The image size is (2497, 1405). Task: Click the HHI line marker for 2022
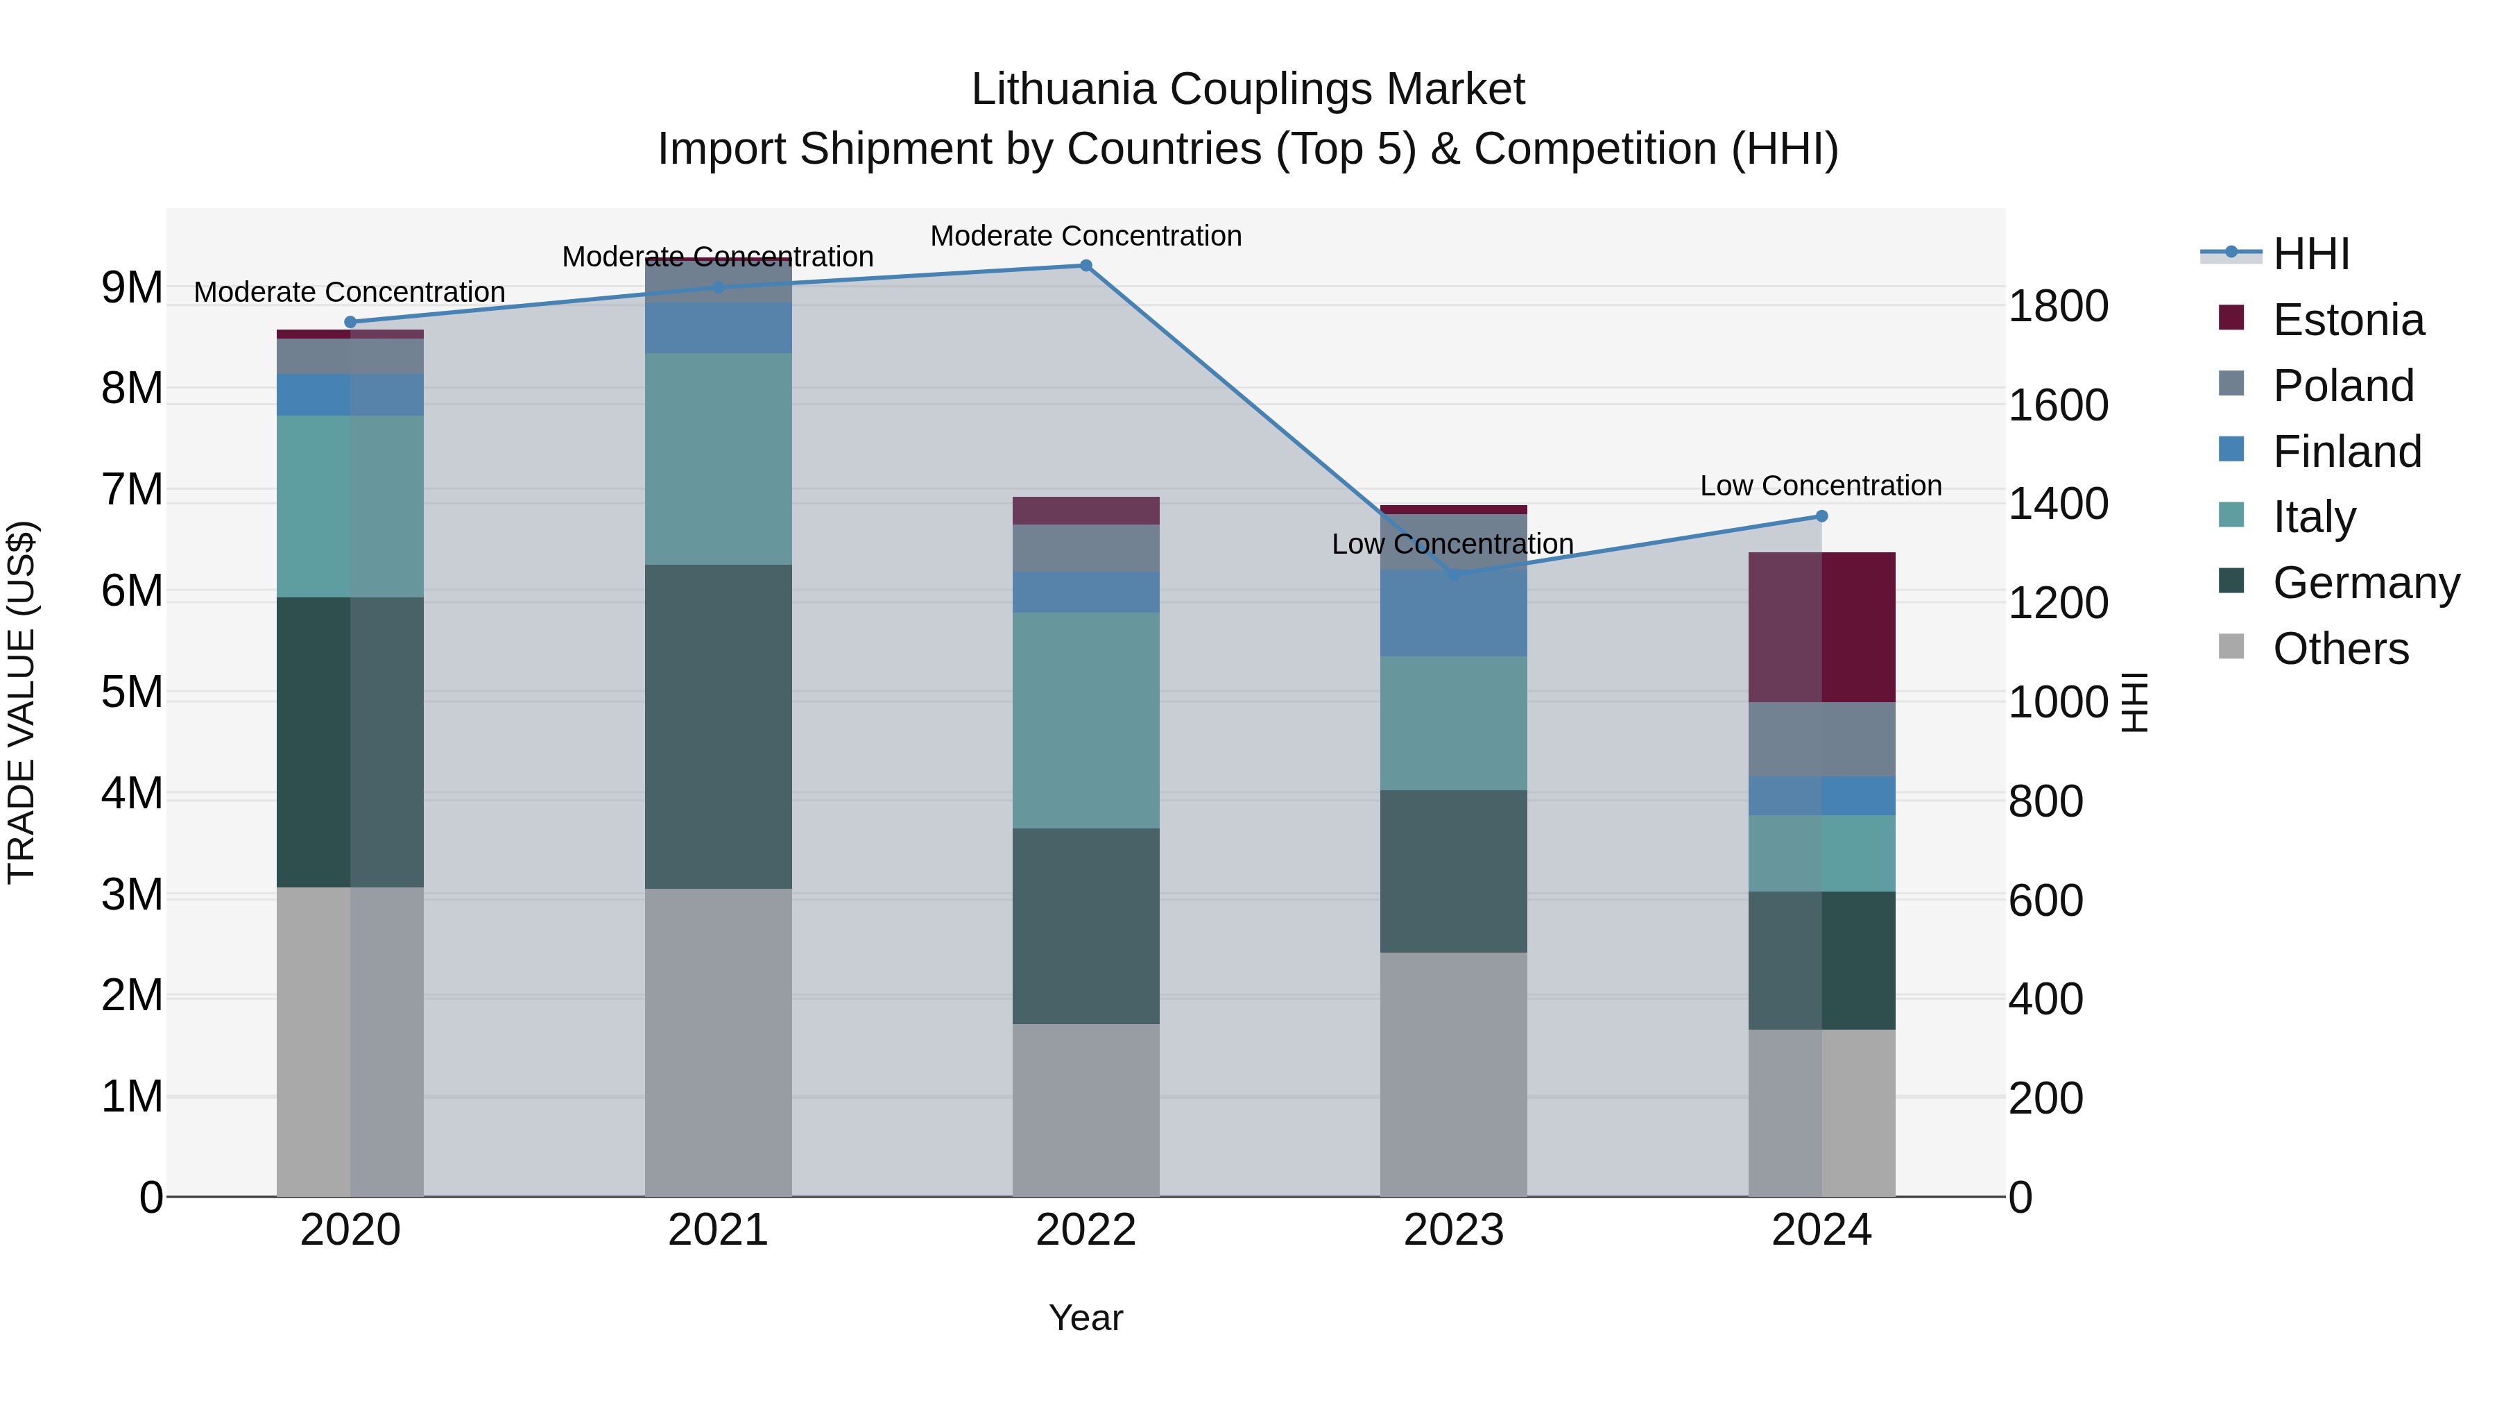coord(1086,266)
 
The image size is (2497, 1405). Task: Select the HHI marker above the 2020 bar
coord(350,322)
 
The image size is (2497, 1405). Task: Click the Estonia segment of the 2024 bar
coord(1821,627)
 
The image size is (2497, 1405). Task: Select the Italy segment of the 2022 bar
coord(1086,719)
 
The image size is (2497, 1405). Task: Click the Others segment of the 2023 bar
coord(1453,1073)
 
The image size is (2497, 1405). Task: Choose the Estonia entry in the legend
coord(2346,320)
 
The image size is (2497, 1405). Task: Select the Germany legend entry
coord(2365,583)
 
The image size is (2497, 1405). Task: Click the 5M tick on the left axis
coord(132,692)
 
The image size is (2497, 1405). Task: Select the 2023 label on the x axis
coord(1453,1229)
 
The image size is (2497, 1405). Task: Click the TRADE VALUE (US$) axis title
coord(22,702)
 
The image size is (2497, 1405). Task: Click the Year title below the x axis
coord(1086,1318)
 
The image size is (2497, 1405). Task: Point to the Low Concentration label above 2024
coord(1821,485)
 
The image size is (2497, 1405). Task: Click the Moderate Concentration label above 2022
coord(1086,236)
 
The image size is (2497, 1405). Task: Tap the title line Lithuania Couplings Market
coord(1248,90)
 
